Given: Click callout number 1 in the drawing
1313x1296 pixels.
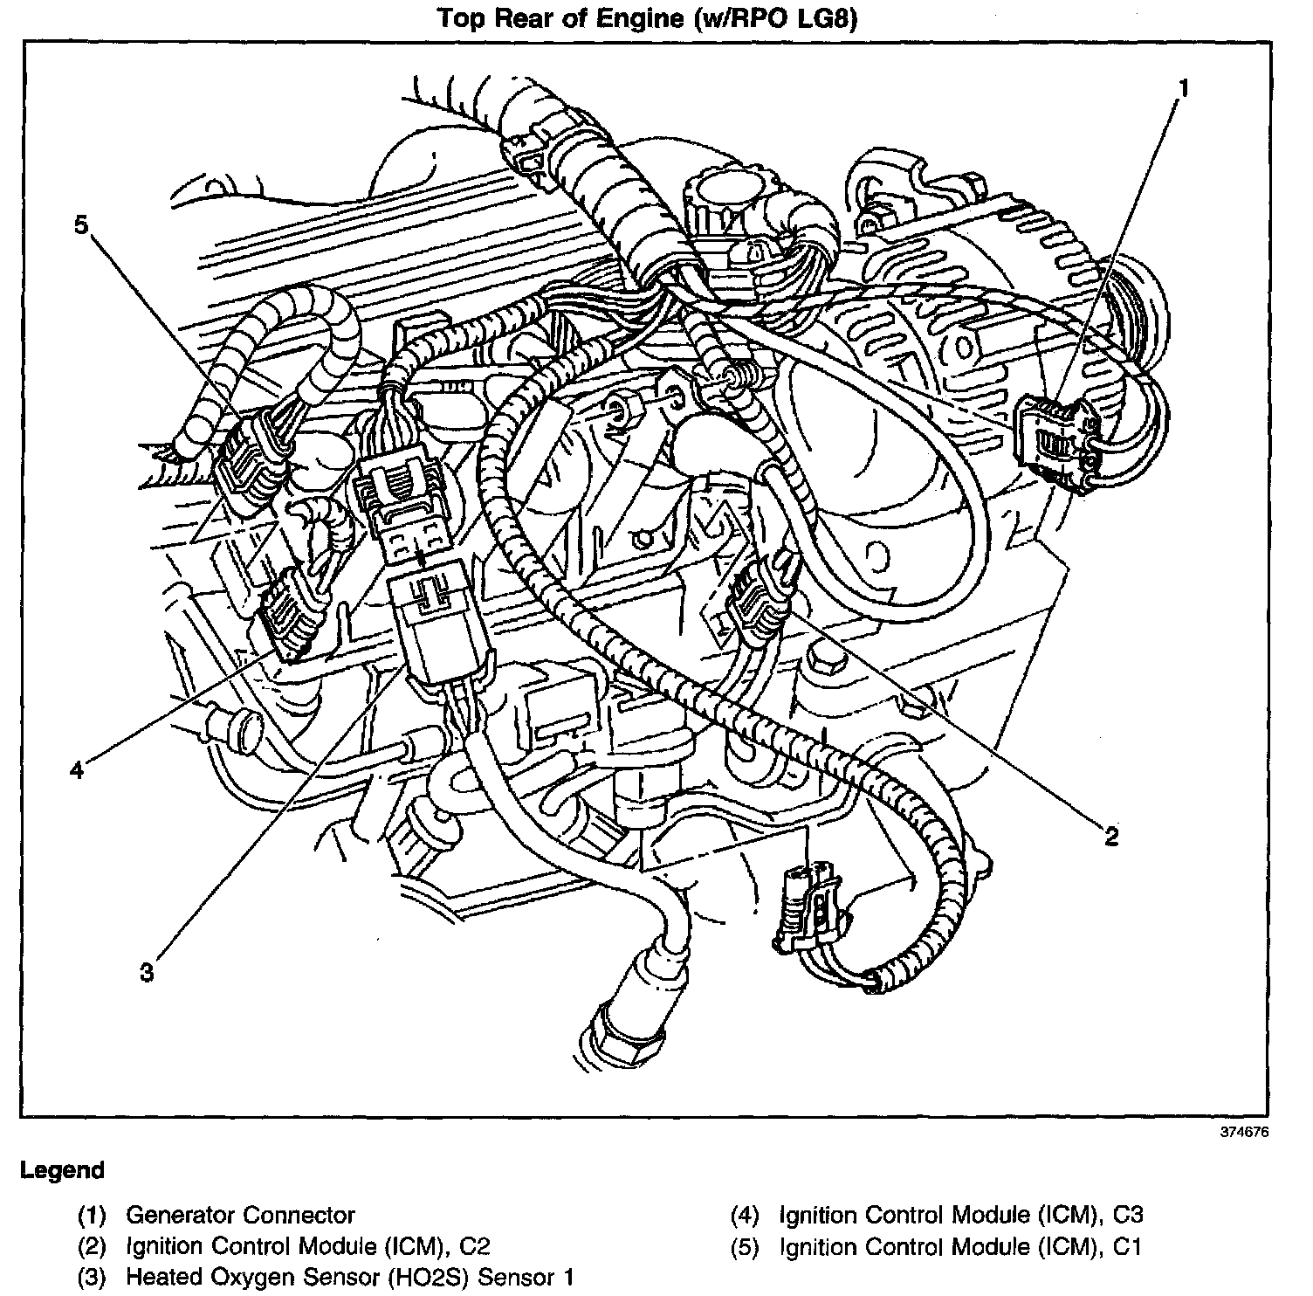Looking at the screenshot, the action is [x=1184, y=89].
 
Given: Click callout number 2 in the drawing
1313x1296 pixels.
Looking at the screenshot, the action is [x=1110, y=837].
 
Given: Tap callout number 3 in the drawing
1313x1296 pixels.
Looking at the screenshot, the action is [x=147, y=972].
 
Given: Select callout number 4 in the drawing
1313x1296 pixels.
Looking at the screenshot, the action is [x=78, y=770].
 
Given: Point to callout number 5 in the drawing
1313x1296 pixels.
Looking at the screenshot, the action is [x=81, y=225].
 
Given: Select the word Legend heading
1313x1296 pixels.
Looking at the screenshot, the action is [x=62, y=1170].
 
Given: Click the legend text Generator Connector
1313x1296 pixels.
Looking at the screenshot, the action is [x=240, y=1215].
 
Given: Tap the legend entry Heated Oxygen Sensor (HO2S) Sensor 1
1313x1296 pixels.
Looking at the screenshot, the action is [x=350, y=1278].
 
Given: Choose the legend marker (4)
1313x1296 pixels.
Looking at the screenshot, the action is [x=746, y=1215].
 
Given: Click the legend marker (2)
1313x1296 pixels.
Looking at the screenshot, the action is [x=92, y=1246].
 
